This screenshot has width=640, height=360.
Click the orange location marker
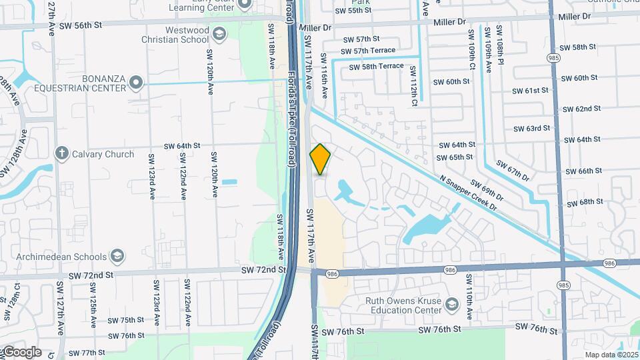click(x=320, y=159)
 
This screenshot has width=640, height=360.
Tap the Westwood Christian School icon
click(x=219, y=33)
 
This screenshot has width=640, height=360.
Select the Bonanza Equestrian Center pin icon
click(x=137, y=83)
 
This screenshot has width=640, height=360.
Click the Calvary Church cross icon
click(x=62, y=154)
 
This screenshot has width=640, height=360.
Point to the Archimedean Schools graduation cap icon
click(x=117, y=257)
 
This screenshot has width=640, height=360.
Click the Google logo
click(x=21, y=352)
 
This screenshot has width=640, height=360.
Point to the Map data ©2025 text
click(x=611, y=355)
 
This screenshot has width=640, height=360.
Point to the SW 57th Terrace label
click(x=368, y=51)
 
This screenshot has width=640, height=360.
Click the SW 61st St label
click(x=531, y=90)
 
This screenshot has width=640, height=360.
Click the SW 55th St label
click(x=353, y=10)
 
